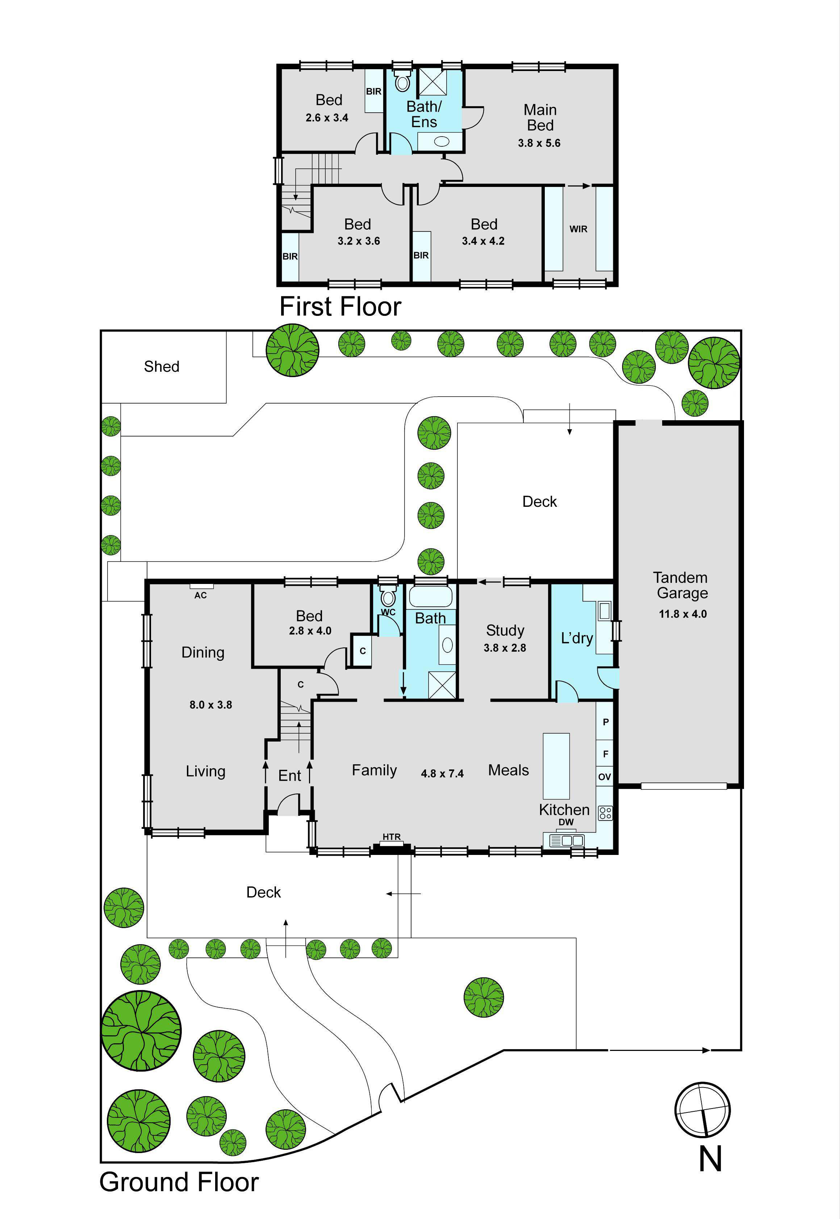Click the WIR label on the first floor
(x=578, y=229)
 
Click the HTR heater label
(x=392, y=836)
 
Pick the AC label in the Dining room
(x=201, y=595)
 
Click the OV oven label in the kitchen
(x=605, y=776)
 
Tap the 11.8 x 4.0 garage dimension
(x=683, y=614)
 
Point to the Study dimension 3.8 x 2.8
(x=505, y=648)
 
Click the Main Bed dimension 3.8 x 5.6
(x=539, y=143)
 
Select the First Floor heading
(x=340, y=306)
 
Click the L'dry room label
(x=577, y=638)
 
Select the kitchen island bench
(x=556, y=766)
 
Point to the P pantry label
(x=606, y=722)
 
